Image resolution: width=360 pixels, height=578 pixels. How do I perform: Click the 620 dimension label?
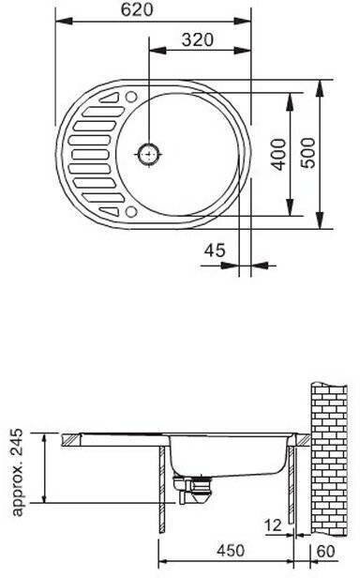137,10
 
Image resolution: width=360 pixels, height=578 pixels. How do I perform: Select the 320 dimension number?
198,39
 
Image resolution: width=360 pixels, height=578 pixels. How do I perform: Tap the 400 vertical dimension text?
278,155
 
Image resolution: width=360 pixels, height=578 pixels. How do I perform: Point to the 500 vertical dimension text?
308,153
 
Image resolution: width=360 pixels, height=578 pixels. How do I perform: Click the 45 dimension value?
215,251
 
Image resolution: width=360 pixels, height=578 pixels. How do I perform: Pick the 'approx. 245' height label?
17,472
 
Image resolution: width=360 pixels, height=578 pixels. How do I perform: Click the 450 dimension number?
231,551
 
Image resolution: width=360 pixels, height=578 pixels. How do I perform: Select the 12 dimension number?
273,525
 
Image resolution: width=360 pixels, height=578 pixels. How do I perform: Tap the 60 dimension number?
326,551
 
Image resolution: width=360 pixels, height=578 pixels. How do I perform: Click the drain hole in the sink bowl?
149,155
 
